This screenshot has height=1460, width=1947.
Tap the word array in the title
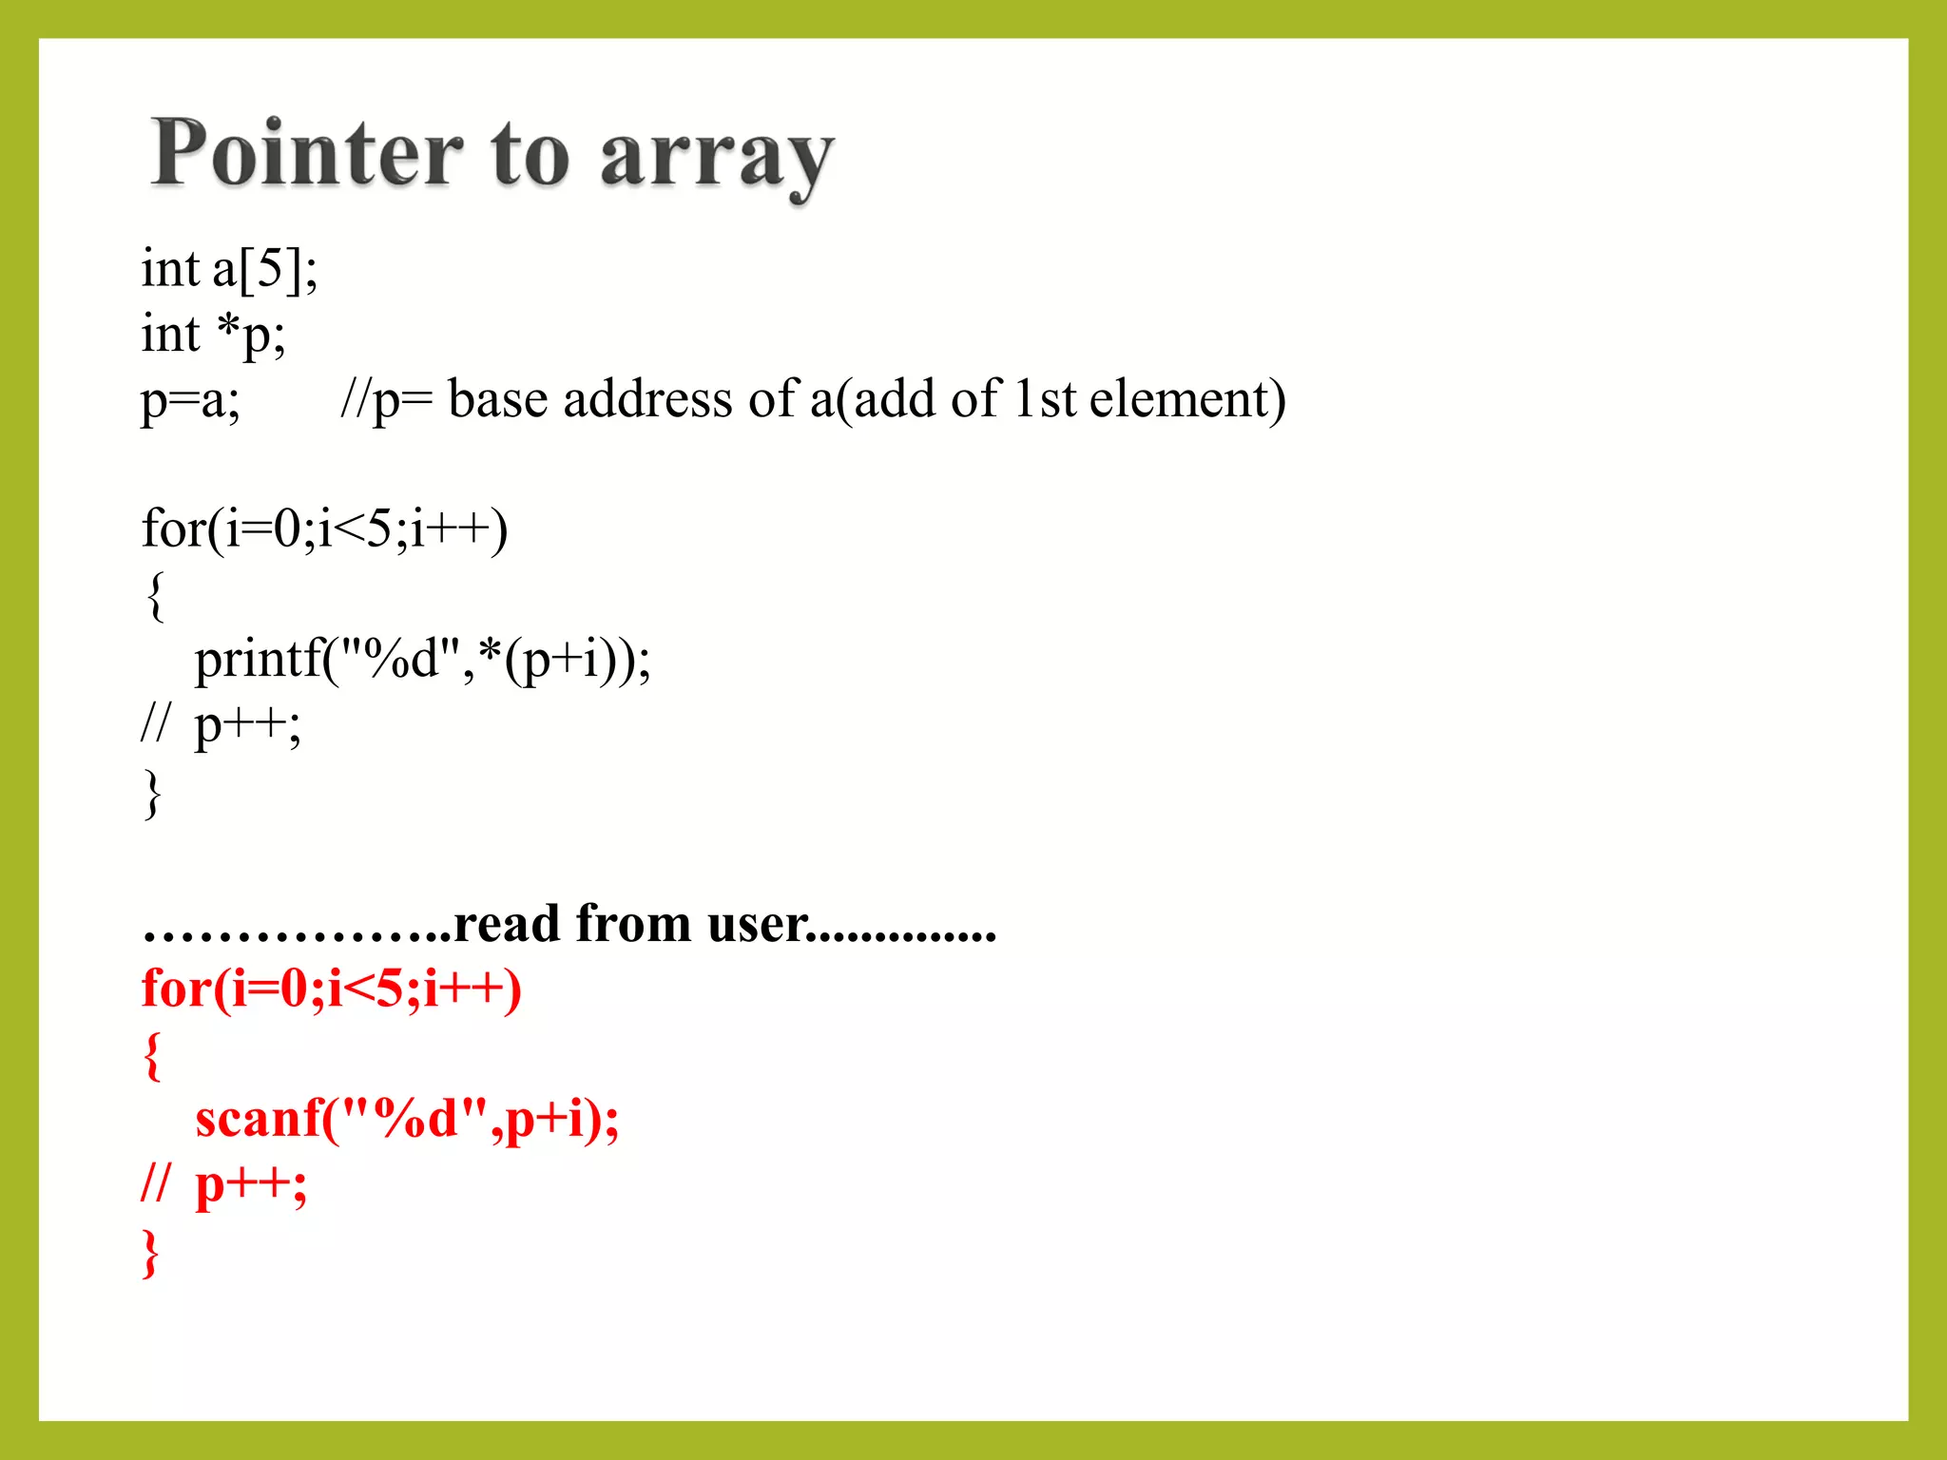coord(717,157)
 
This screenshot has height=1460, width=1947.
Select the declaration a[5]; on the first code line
coord(265,269)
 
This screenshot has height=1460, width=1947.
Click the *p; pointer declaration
coord(251,335)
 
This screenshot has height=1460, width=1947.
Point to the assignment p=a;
coord(190,400)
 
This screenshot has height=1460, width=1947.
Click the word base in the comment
coord(497,398)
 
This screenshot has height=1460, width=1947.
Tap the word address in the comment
coord(647,398)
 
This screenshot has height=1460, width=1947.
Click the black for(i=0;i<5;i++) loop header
coord(324,528)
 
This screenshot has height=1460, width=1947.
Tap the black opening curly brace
coord(155,596)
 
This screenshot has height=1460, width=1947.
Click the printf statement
coord(422,659)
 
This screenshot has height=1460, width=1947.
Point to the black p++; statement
coord(247,727)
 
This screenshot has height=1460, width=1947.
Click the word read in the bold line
coord(506,924)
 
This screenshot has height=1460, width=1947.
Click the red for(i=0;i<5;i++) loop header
coord(331,989)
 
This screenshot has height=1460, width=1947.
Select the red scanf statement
coord(407,1119)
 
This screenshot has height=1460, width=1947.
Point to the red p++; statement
coord(251,1185)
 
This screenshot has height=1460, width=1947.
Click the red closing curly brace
coord(150,1254)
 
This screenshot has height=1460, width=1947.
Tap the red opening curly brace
coord(152,1056)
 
